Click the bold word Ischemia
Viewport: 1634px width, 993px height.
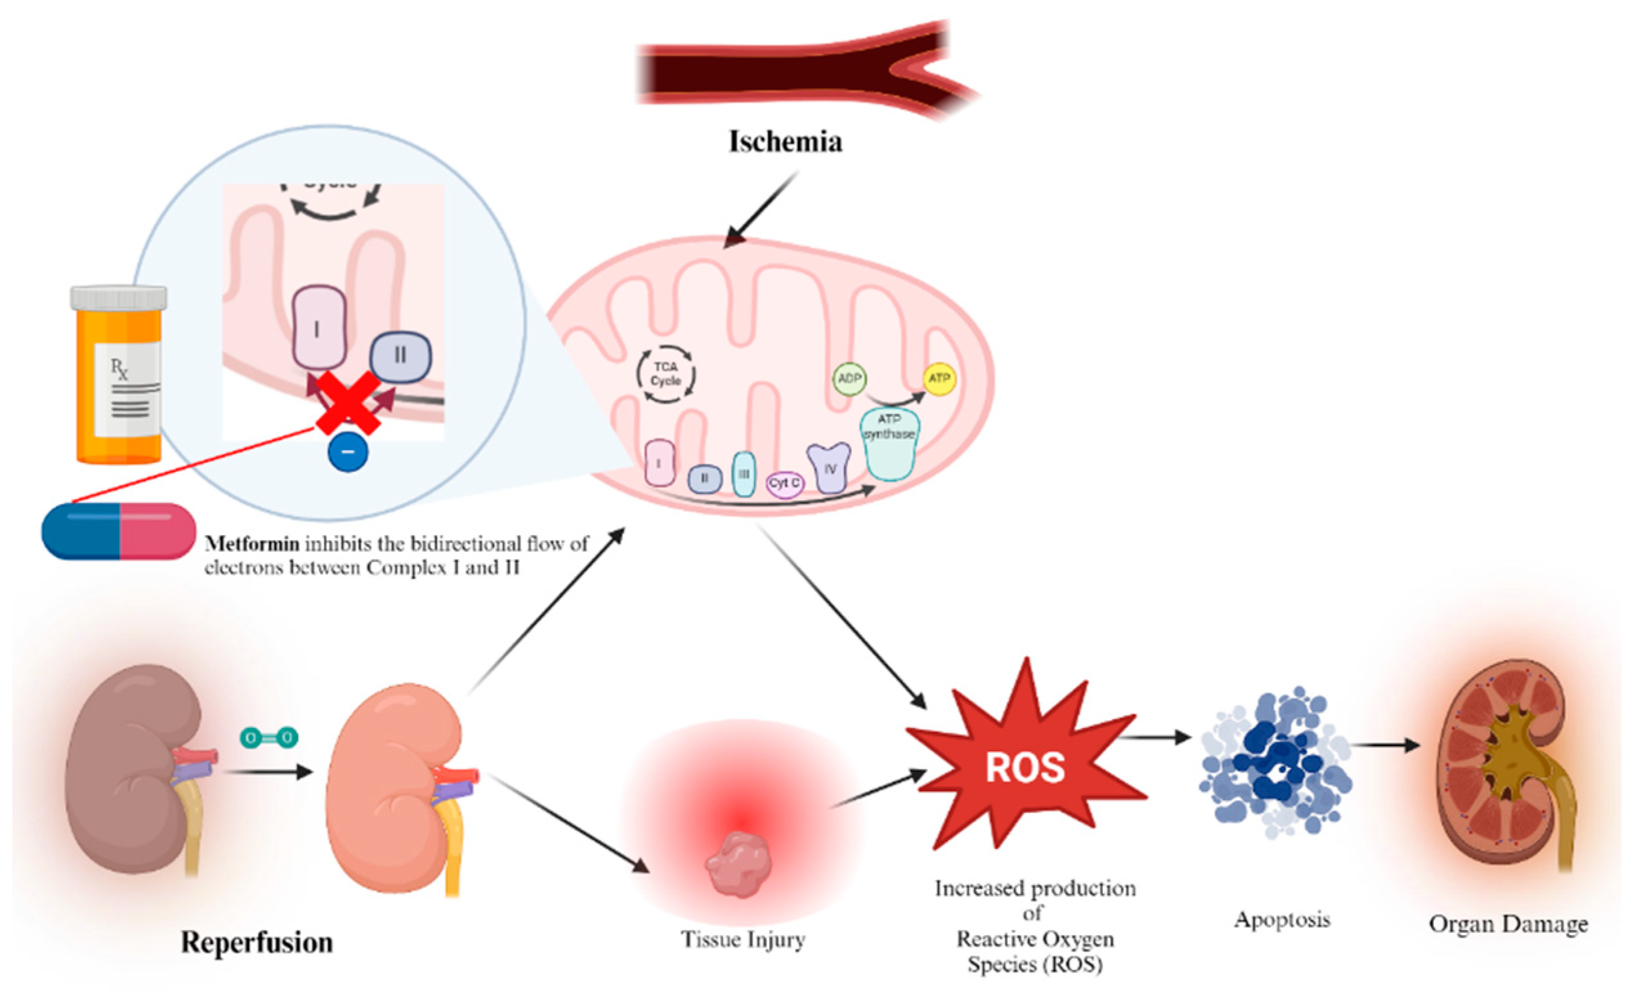[785, 141]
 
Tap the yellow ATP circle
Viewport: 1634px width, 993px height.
[939, 379]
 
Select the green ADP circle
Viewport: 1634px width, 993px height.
[849, 379]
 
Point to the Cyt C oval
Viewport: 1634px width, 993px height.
[785, 483]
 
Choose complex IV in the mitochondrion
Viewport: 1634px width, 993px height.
[828, 468]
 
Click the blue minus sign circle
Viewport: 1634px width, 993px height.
[348, 452]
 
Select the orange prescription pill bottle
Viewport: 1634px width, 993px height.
[118, 374]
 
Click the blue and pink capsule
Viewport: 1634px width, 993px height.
[118, 531]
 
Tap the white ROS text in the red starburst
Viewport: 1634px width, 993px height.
[1025, 768]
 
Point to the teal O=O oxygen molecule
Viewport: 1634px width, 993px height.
[269, 737]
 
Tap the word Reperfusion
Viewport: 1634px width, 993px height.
[257, 942]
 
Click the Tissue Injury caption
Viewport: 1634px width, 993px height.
[743, 940]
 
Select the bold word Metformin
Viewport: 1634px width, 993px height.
[252, 544]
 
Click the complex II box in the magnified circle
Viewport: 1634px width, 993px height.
[400, 356]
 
